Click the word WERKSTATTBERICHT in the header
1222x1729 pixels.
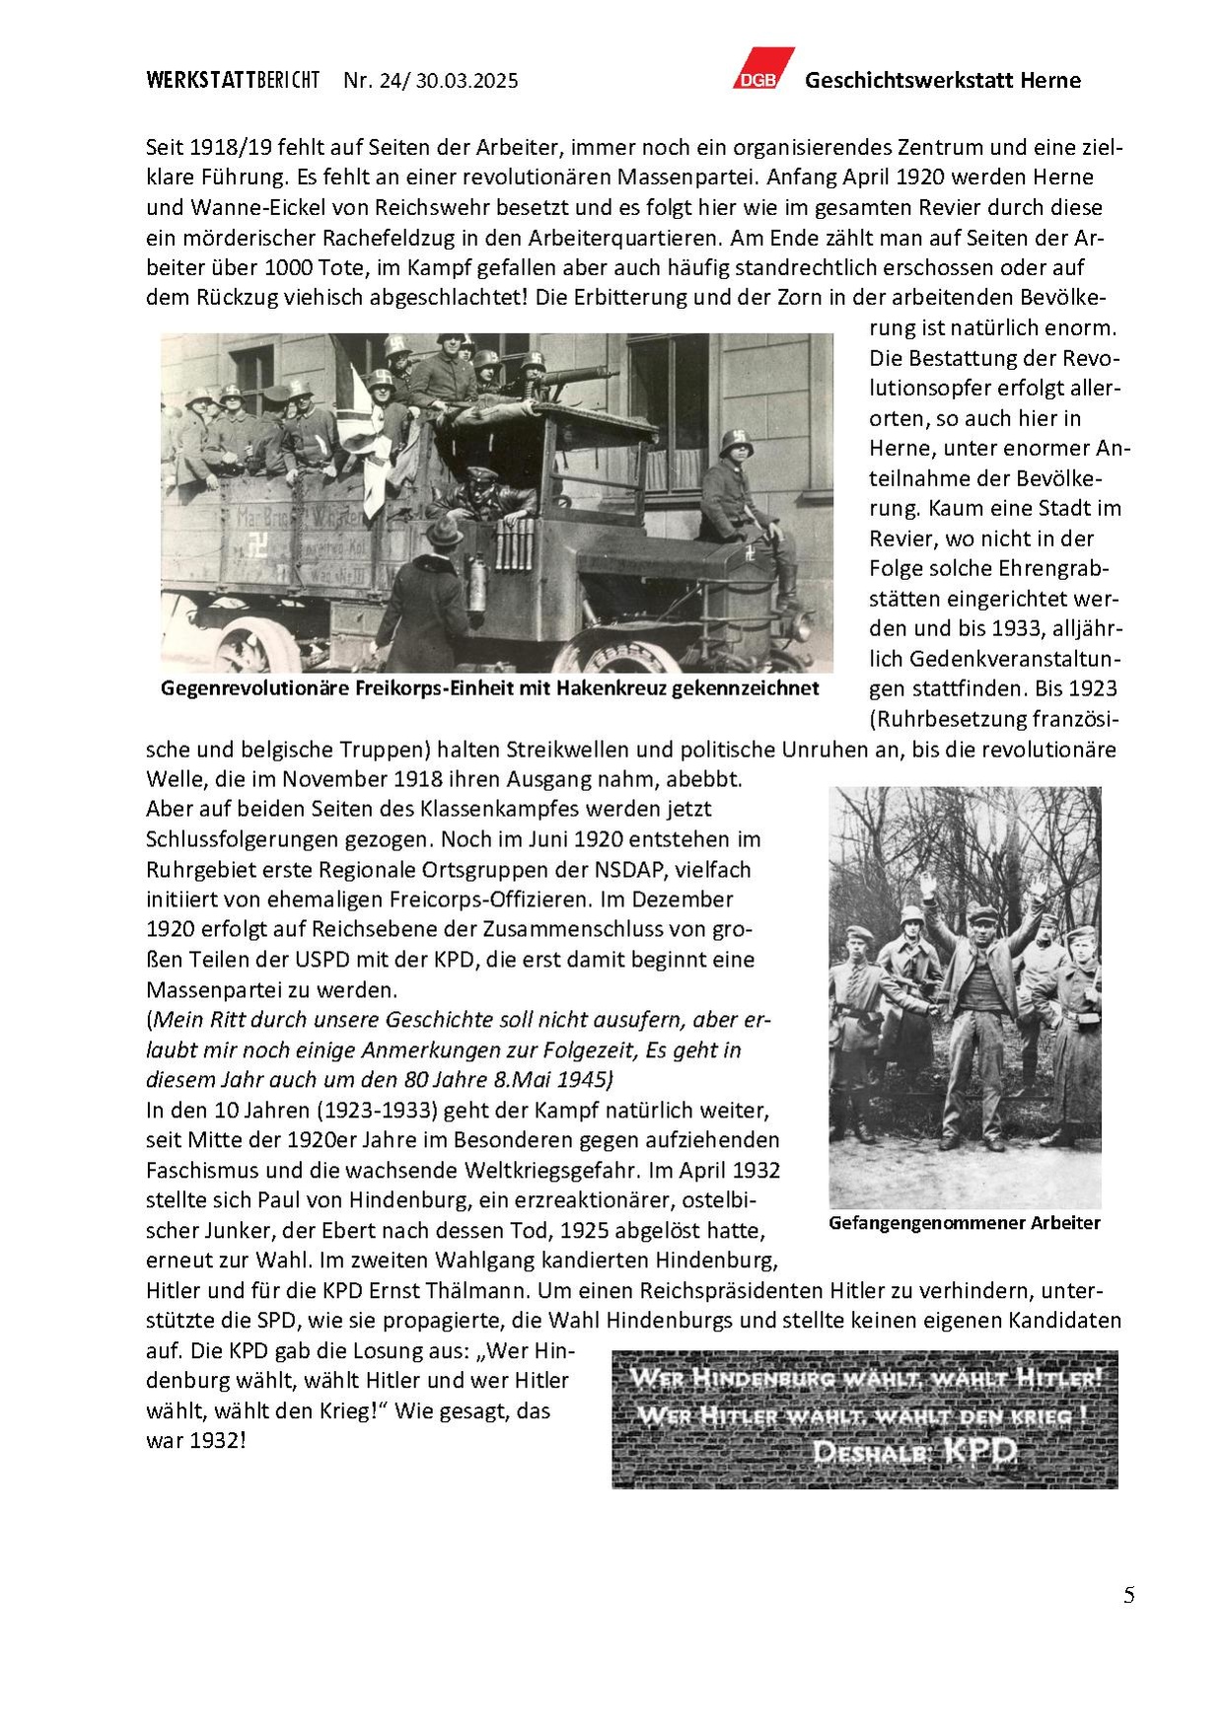coord(233,81)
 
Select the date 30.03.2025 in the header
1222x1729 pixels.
coord(467,81)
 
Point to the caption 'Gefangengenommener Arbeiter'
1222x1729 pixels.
coord(964,1223)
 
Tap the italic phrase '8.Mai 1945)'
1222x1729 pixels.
coord(554,1079)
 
